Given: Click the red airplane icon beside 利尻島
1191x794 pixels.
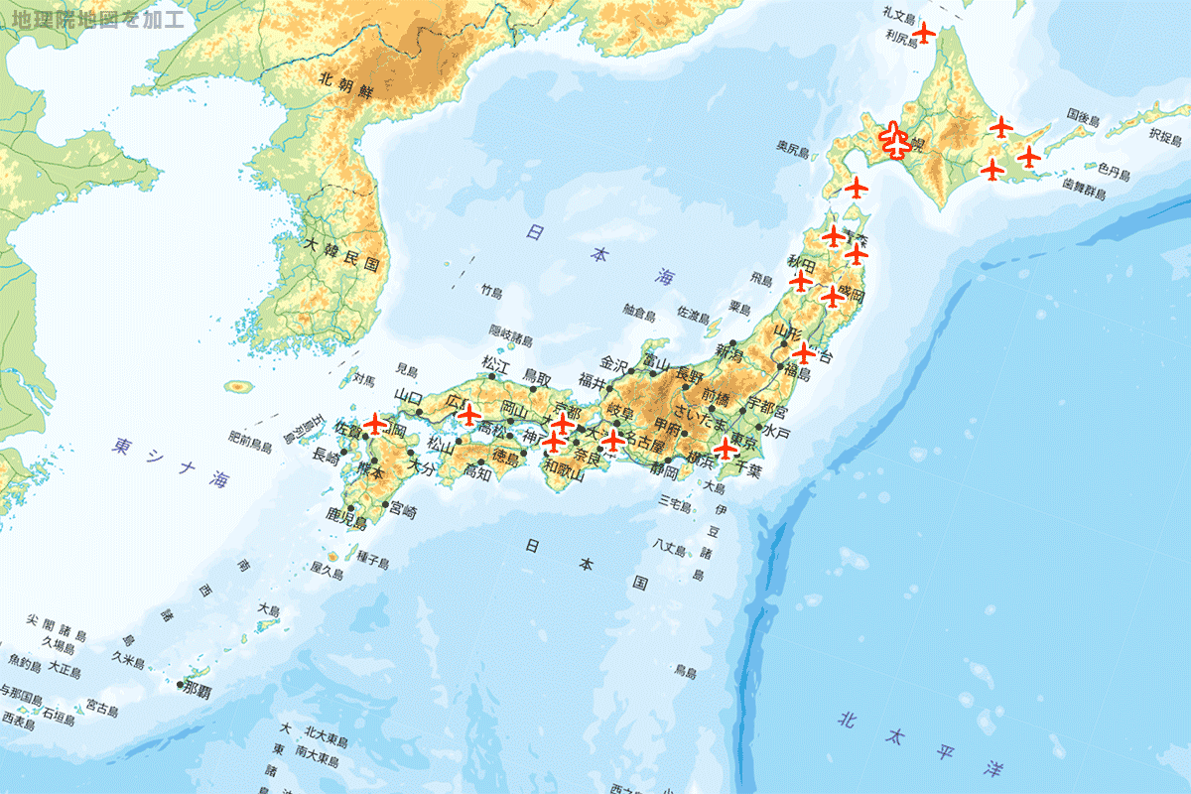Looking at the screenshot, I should [924, 34].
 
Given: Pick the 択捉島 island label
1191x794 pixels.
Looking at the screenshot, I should [1166, 133].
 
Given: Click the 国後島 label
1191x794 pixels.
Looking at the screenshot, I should [1084, 118].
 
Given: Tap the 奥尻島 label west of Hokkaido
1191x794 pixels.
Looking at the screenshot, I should [793, 148].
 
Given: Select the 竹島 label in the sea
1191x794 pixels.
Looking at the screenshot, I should [492, 292].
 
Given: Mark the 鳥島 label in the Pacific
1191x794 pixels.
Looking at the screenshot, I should [685, 672].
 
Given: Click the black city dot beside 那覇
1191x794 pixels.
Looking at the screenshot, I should [181, 685].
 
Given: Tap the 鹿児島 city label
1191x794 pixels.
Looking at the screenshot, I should [347, 517].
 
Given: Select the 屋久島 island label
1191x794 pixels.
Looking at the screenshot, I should [327, 573].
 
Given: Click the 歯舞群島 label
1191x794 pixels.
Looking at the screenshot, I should [1083, 189].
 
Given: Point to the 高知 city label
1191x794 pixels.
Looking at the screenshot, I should [476, 473].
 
